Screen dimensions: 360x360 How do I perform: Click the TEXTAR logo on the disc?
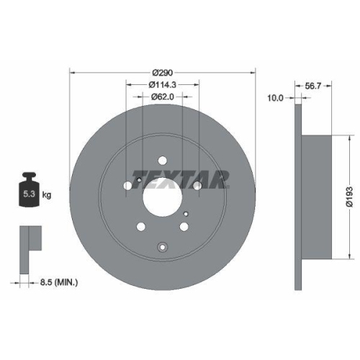[x=179, y=178]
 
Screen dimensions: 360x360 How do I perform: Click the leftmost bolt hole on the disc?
[x=128, y=186]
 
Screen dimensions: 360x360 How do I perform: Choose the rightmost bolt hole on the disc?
[x=197, y=186]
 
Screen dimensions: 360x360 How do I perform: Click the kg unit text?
[x=46, y=194]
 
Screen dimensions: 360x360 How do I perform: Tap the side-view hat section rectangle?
[x=318, y=194]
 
